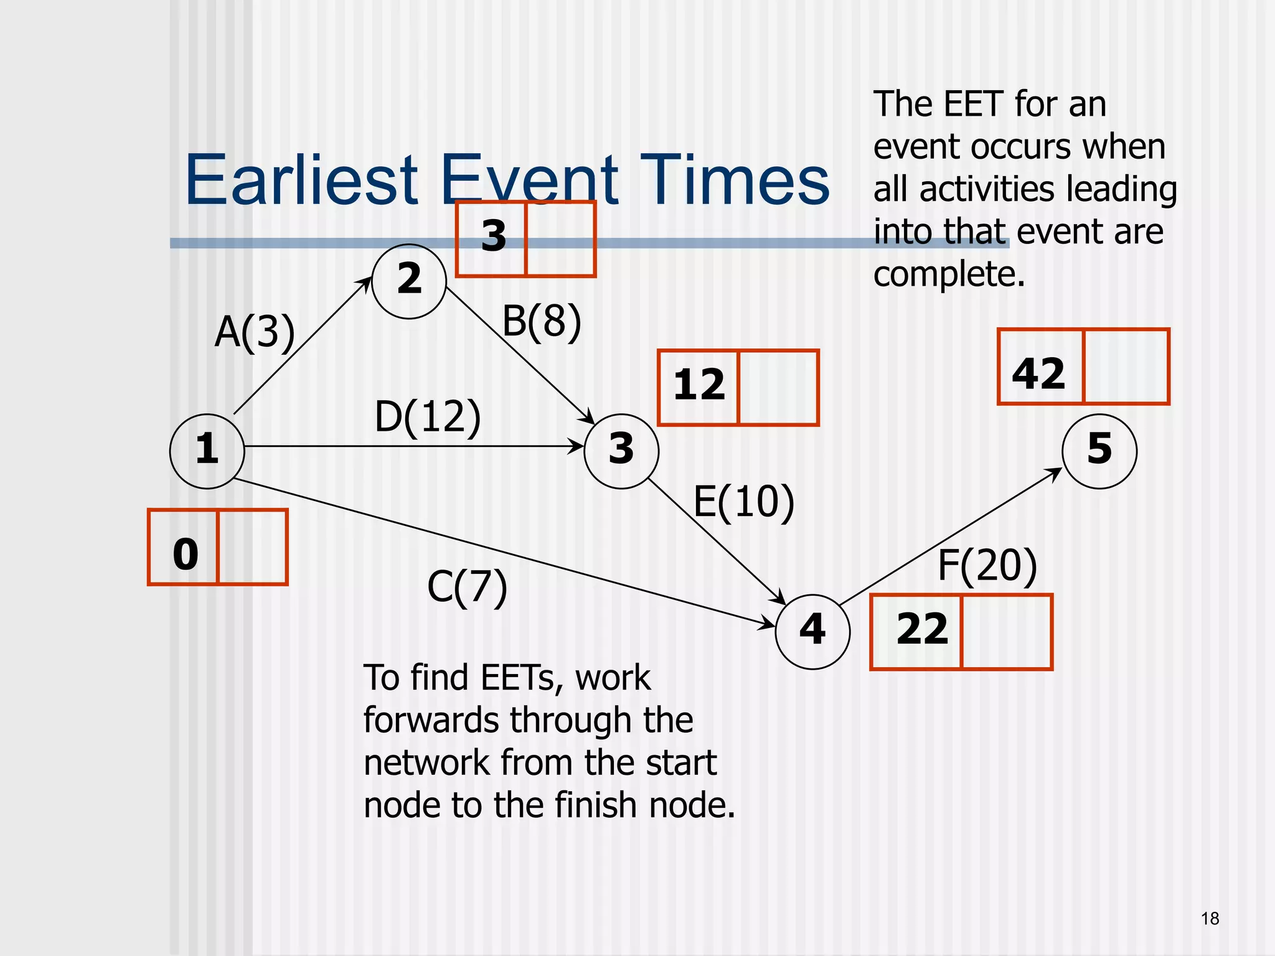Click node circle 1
tap(207, 451)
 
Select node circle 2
tap(409, 281)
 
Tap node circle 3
tap(621, 451)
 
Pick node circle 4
tap(812, 631)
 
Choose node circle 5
tap(1099, 451)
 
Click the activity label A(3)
tap(255, 332)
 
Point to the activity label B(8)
tap(542, 322)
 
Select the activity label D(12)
tap(428, 416)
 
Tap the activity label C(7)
tap(467, 587)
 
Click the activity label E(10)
tap(744, 502)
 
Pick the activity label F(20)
tap(987, 566)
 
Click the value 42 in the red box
tap(1038, 373)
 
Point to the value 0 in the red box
tap(186, 553)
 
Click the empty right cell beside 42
tap(1126, 367)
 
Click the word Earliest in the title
tap(301, 180)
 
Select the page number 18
tap(1210, 919)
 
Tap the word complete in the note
tap(949, 274)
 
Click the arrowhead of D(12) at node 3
tap(576, 446)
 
